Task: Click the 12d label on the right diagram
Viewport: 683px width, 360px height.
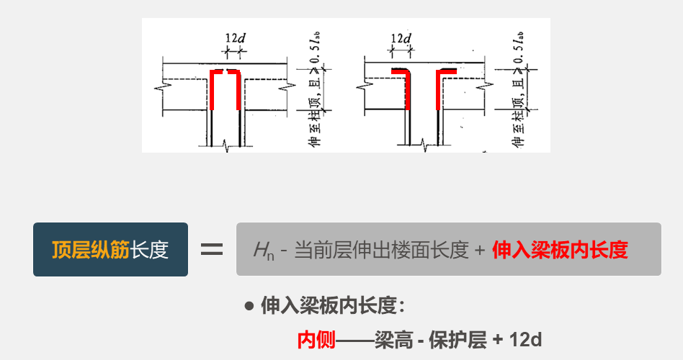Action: pos(401,37)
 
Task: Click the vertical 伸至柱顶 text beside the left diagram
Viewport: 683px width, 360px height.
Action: pos(314,126)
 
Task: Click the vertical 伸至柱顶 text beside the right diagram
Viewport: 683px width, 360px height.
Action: pos(517,126)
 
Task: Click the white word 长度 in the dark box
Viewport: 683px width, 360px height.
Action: pos(150,250)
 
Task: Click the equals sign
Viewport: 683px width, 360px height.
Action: pos(211,250)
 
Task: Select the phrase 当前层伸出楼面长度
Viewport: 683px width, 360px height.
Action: pos(380,250)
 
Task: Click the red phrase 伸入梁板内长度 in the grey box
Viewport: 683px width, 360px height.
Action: pos(560,250)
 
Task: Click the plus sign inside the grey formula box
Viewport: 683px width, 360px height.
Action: pos(480,251)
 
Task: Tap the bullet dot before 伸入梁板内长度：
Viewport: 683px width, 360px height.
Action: pos(249,306)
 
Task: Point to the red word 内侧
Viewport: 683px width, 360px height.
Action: pos(316,339)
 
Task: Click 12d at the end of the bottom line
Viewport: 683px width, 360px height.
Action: pos(525,339)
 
